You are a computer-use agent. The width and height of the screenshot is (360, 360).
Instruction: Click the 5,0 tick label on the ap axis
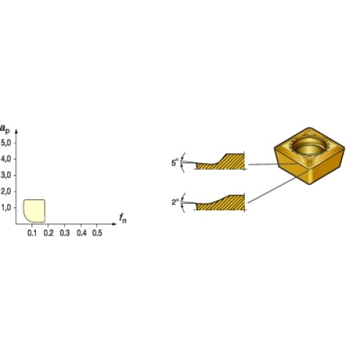[6, 143]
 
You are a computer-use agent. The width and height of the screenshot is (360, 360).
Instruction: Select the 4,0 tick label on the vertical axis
[6, 159]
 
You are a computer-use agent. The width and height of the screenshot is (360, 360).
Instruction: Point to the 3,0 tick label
[6, 175]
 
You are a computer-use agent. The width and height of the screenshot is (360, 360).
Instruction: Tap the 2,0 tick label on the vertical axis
[6, 192]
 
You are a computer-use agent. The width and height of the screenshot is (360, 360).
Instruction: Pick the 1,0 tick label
[6, 207]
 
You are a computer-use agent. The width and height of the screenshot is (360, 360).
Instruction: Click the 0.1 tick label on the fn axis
[32, 233]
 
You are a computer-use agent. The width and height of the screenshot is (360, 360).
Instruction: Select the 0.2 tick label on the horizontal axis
[48, 233]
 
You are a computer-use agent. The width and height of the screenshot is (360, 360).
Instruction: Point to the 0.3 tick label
[65, 233]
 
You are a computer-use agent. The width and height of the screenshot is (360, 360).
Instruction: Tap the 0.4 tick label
[81, 233]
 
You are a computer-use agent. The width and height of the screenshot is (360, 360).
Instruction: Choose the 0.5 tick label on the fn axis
[97, 233]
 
